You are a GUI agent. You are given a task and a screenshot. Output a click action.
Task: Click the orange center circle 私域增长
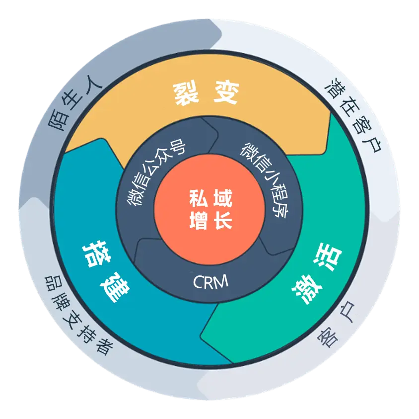pyautogui.click(x=209, y=209)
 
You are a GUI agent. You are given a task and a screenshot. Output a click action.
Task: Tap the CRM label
pyautogui.click(x=210, y=282)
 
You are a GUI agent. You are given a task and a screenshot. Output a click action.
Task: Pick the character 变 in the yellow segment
pyautogui.click(x=226, y=92)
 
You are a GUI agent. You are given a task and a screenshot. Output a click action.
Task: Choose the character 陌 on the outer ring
pyautogui.click(x=58, y=122)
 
